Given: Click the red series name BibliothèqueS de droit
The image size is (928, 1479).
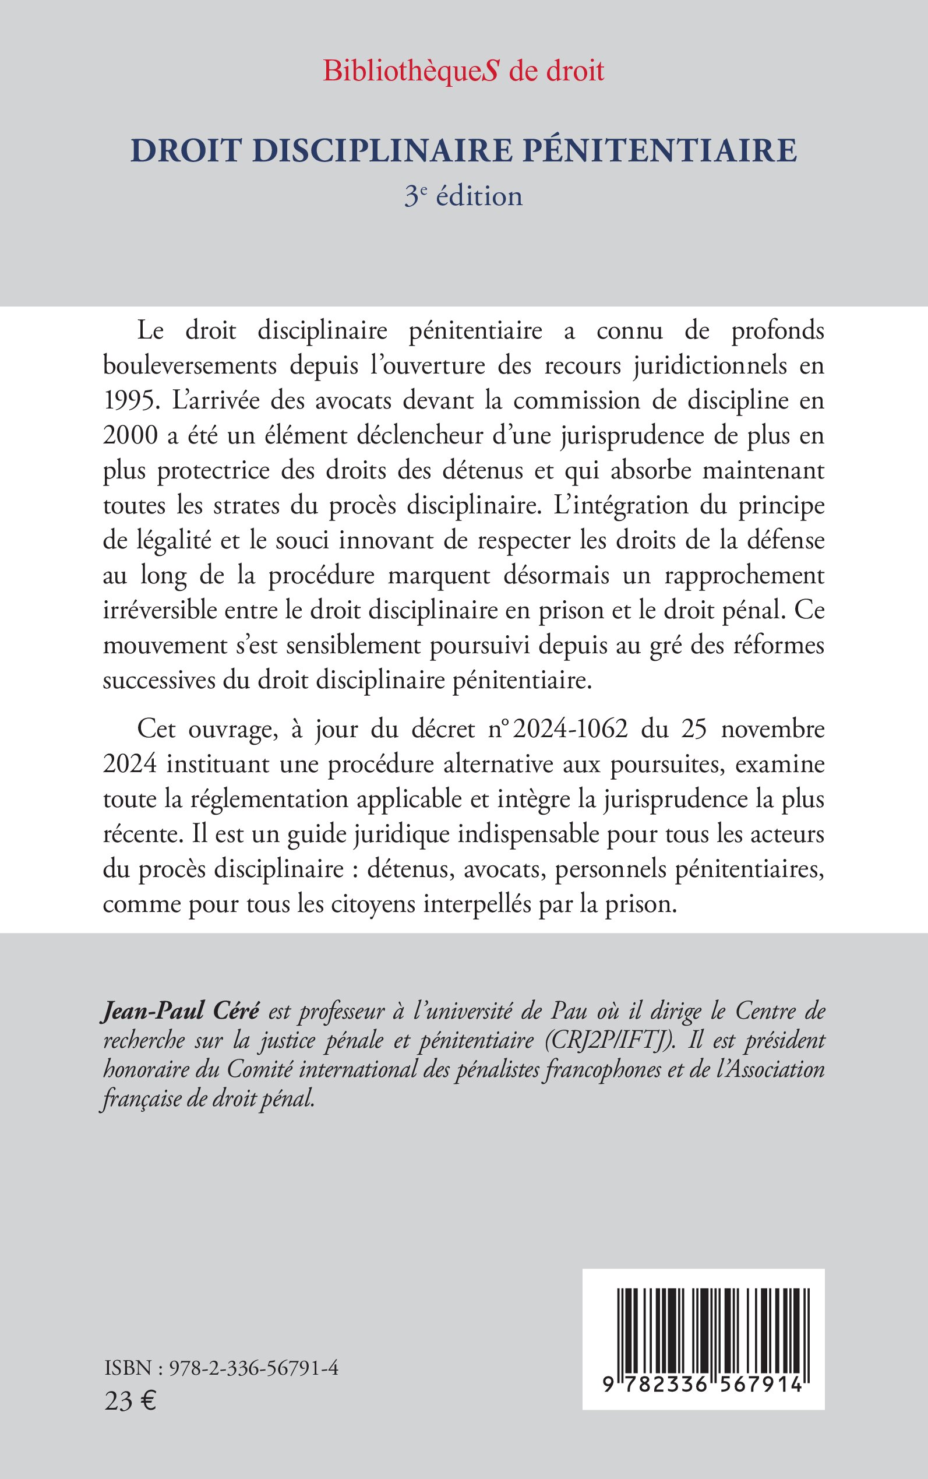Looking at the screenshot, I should pyautogui.click(x=463, y=72).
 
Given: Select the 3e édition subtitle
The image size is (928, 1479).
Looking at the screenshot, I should pyautogui.click(x=463, y=196).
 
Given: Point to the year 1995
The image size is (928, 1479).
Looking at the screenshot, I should pyautogui.click(x=125, y=402).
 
